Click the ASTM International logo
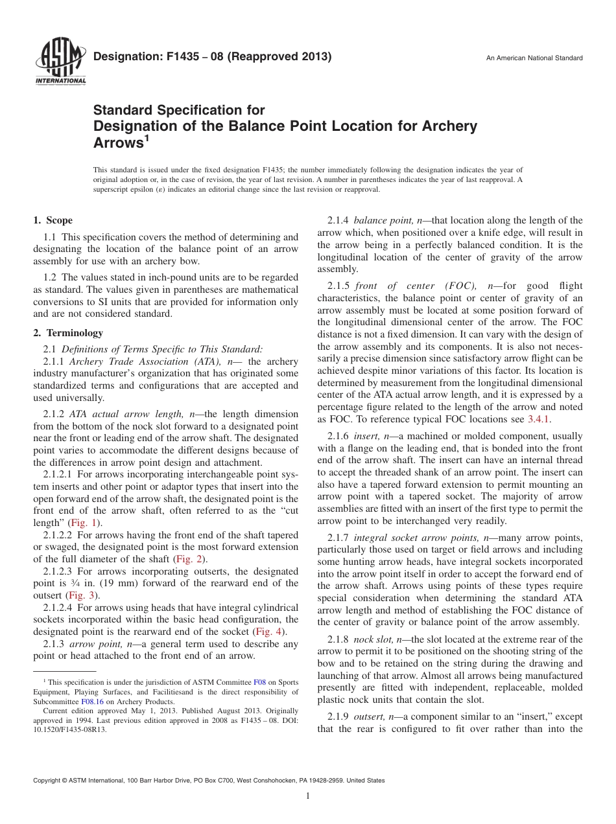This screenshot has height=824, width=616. (60, 62)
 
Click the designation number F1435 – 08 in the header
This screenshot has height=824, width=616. (213, 56)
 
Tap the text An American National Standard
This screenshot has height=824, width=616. (534, 58)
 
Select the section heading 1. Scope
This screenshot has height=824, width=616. (53, 220)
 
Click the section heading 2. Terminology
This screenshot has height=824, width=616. (68, 333)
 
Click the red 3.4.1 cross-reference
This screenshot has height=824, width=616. (538, 419)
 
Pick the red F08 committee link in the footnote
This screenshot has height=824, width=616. (259, 682)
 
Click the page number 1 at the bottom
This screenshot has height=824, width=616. (308, 796)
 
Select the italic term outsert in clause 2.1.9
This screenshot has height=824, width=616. (371, 717)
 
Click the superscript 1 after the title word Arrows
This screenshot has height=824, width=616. (147, 137)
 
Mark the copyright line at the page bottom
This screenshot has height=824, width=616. (209, 781)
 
